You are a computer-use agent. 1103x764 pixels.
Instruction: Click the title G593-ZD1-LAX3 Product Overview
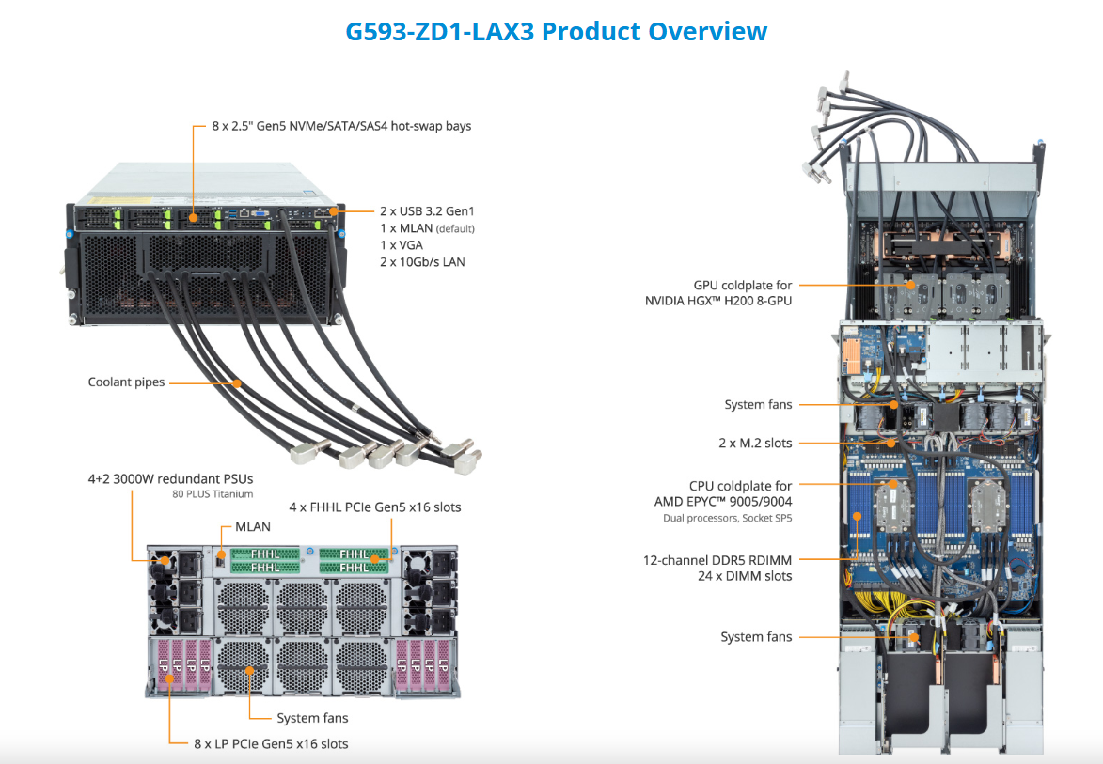(x=556, y=31)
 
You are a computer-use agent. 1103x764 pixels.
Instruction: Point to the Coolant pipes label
(x=126, y=382)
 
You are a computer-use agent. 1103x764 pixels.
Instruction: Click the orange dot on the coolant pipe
(x=238, y=382)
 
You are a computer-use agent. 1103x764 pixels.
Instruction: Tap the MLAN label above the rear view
(x=253, y=527)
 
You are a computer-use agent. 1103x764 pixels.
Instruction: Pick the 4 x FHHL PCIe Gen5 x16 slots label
(x=374, y=507)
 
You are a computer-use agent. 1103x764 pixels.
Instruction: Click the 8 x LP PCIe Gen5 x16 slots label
(x=271, y=744)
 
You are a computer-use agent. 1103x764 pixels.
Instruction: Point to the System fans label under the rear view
(x=312, y=718)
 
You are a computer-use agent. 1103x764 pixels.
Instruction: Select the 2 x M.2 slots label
(x=754, y=443)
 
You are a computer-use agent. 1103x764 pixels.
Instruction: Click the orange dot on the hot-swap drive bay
(x=193, y=218)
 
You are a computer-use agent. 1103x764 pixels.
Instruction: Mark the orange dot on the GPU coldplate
(x=909, y=284)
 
